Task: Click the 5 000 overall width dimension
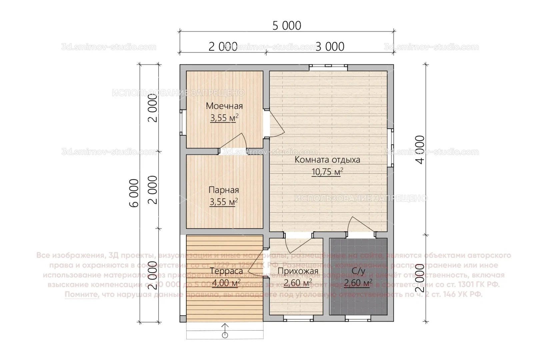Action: point(287,26)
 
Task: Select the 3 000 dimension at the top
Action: point(330,47)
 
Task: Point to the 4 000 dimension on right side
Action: point(421,149)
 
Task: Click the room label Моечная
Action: point(224,106)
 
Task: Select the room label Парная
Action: point(224,190)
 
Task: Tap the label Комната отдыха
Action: point(327,160)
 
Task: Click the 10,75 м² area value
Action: point(327,172)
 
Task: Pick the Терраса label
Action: point(226,271)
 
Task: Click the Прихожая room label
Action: point(298,271)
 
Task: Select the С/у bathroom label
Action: point(358,271)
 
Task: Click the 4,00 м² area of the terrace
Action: point(226,283)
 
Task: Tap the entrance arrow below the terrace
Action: point(225,331)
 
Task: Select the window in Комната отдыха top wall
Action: point(328,67)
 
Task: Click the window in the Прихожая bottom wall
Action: point(299,319)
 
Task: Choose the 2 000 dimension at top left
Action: point(223,47)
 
